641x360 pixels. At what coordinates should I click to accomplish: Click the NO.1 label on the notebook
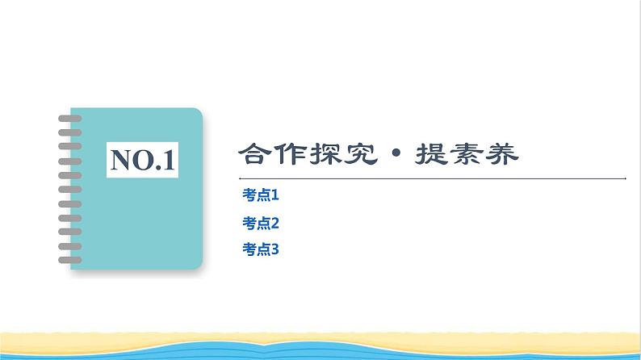coord(143,158)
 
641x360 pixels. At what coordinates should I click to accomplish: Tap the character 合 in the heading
coord(255,153)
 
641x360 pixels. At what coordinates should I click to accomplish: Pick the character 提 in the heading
coord(428,153)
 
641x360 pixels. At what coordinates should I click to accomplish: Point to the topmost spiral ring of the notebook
coord(70,118)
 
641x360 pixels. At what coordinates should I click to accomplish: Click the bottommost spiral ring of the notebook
coord(70,260)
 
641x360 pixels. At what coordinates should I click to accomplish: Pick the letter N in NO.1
coord(120,158)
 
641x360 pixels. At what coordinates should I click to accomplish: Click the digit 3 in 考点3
coord(274,250)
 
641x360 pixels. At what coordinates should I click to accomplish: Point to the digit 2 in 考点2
coord(274,223)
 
